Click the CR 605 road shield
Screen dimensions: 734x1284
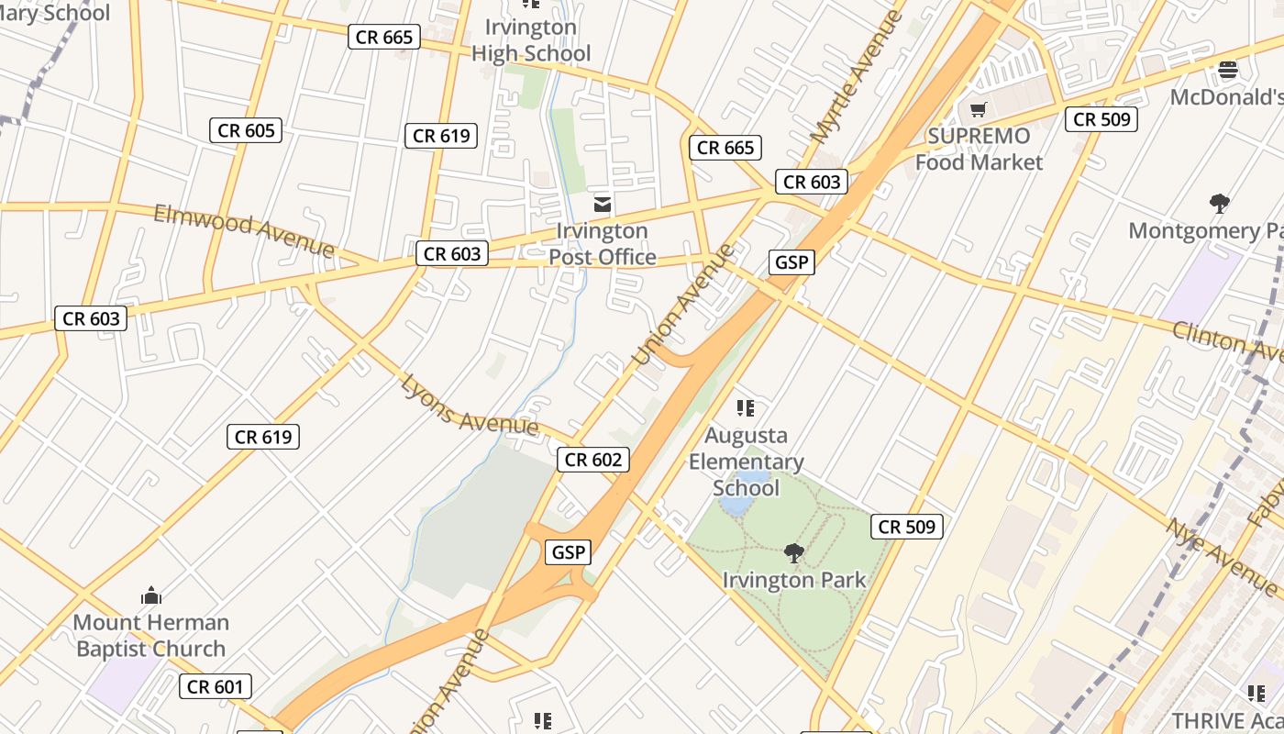click(x=245, y=130)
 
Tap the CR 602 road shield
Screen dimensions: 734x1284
click(x=593, y=460)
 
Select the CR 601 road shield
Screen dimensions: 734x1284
click(x=215, y=686)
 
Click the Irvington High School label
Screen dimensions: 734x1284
click(x=531, y=40)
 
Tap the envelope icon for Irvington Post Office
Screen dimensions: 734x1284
click(x=603, y=204)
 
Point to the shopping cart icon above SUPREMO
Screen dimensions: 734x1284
click(x=979, y=110)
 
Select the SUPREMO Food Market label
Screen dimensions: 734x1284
click(x=979, y=150)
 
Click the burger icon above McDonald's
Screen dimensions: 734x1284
click(x=1227, y=69)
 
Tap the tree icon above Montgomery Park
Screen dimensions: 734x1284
click(x=1219, y=203)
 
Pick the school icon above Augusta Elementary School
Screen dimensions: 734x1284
click(x=746, y=407)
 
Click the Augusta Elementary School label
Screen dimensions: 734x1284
click(x=746, y=462)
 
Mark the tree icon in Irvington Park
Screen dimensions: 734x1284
click(x=794, y=553)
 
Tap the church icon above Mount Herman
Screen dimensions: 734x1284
click(x=151, y=595)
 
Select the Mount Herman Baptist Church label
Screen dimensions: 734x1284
click(x=151, y=636)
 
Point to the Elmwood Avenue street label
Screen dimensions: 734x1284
click(x=244, y=230)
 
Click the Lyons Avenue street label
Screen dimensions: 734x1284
click(x=469, y=406)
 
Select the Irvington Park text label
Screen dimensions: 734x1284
click(x=794, y=581)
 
